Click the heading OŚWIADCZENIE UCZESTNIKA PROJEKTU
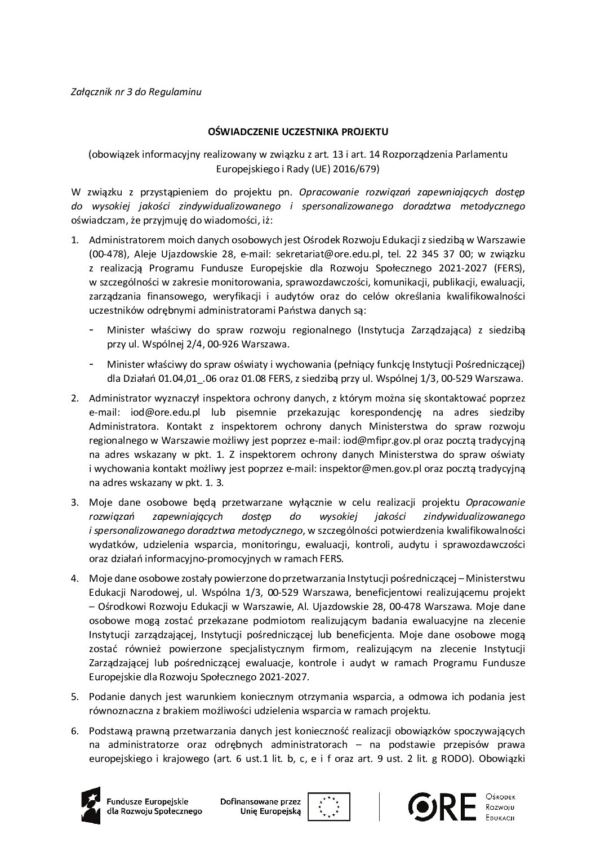[298, 131]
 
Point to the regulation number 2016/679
[360, 168]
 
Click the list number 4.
[74, 578]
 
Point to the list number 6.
[74, 730]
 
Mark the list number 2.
[74, 399]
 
